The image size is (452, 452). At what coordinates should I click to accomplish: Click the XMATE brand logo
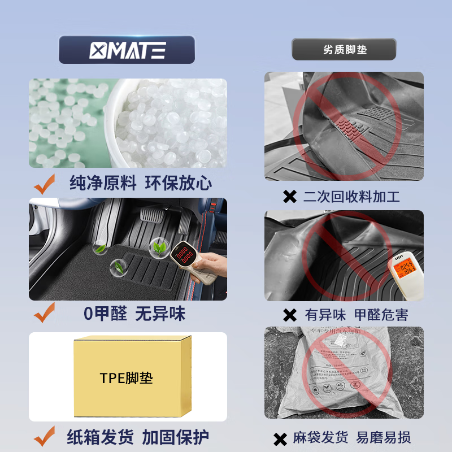pyautogui.click(x=127, y=50)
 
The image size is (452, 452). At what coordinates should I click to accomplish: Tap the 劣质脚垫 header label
pyautogui.click(x=344, y=50)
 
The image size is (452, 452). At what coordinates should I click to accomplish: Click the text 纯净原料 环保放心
pyautogui.click(x=141, y=183)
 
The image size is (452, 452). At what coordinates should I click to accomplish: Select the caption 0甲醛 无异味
pyautogui.click(x=134, y=314)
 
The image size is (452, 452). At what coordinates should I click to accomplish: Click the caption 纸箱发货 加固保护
pyautogui.click(x=138, y=437)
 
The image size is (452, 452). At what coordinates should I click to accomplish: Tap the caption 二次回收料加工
pyautogui.click(x=351, y=197)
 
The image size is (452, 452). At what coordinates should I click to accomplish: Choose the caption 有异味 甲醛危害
pyautogui.click(x=357, y=315)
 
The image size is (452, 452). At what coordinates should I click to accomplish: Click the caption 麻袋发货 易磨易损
pyautogui.click(x=351, y=437)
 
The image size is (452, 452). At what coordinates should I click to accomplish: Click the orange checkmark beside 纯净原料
pyautogui.click(x=45, y=184)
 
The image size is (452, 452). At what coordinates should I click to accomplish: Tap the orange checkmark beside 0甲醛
pyautogui.click(x=45, y=312)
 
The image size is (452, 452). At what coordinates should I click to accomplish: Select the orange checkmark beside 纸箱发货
pyautogui.click(x=45, y=436)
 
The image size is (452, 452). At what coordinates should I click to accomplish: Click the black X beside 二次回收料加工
pyautogui.click(x=289, y=197)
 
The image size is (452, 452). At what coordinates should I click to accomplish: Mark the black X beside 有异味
pyautogui.click(x=289, y=315)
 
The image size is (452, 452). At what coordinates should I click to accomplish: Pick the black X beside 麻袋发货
pyautogui.click(x=280, y=438)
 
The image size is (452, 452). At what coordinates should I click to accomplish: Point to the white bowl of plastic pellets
pyautogui.click(x=169, y=124)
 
